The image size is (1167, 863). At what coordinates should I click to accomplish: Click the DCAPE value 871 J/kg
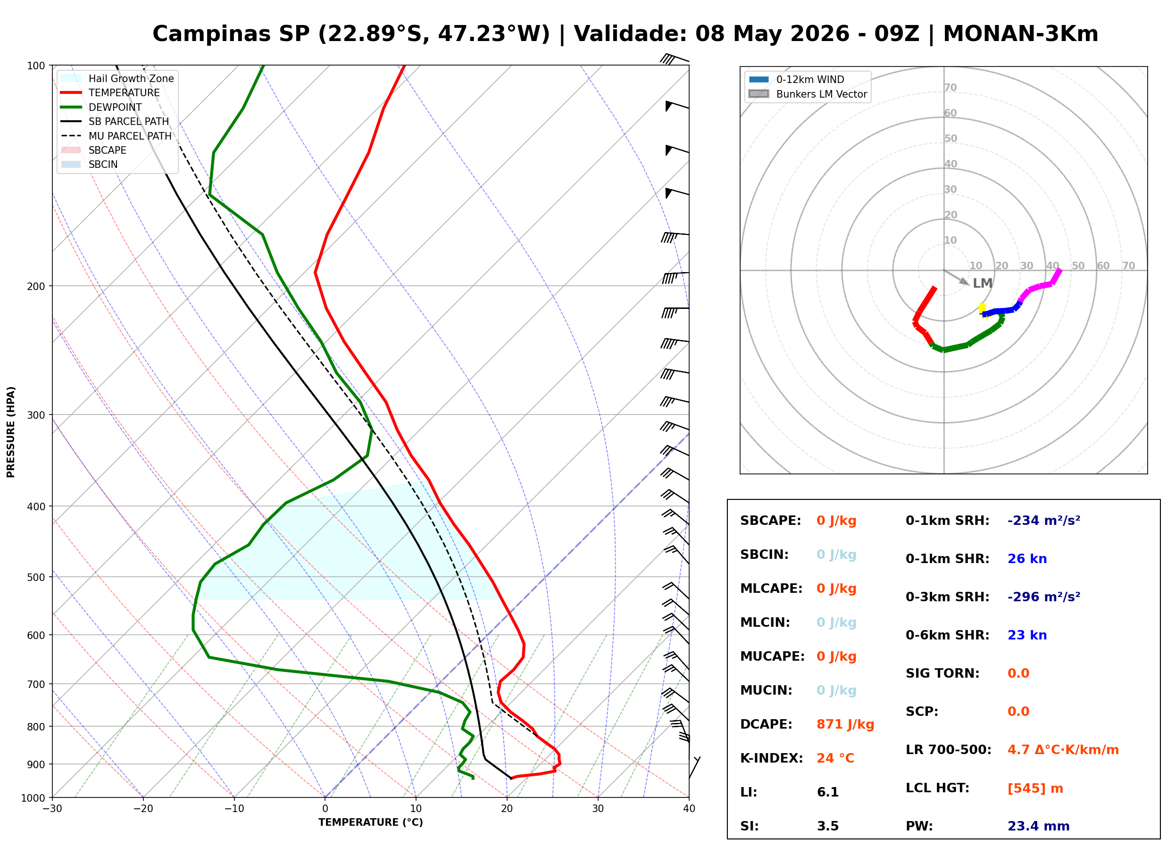(845, 724)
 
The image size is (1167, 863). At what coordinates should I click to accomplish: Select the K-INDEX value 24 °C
(835, 758)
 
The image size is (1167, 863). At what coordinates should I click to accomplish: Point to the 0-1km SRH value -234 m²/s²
(1044, 520)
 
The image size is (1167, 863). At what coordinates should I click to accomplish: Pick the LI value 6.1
(828, 792)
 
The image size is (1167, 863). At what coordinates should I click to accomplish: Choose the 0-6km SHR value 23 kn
(1027, 635)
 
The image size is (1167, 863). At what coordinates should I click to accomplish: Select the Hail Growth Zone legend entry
(117, 78)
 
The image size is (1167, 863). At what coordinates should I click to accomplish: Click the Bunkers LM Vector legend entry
(808, 94)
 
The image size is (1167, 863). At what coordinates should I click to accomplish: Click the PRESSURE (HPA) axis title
(11, 432)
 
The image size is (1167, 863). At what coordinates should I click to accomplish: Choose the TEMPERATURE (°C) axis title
(371, 822)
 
